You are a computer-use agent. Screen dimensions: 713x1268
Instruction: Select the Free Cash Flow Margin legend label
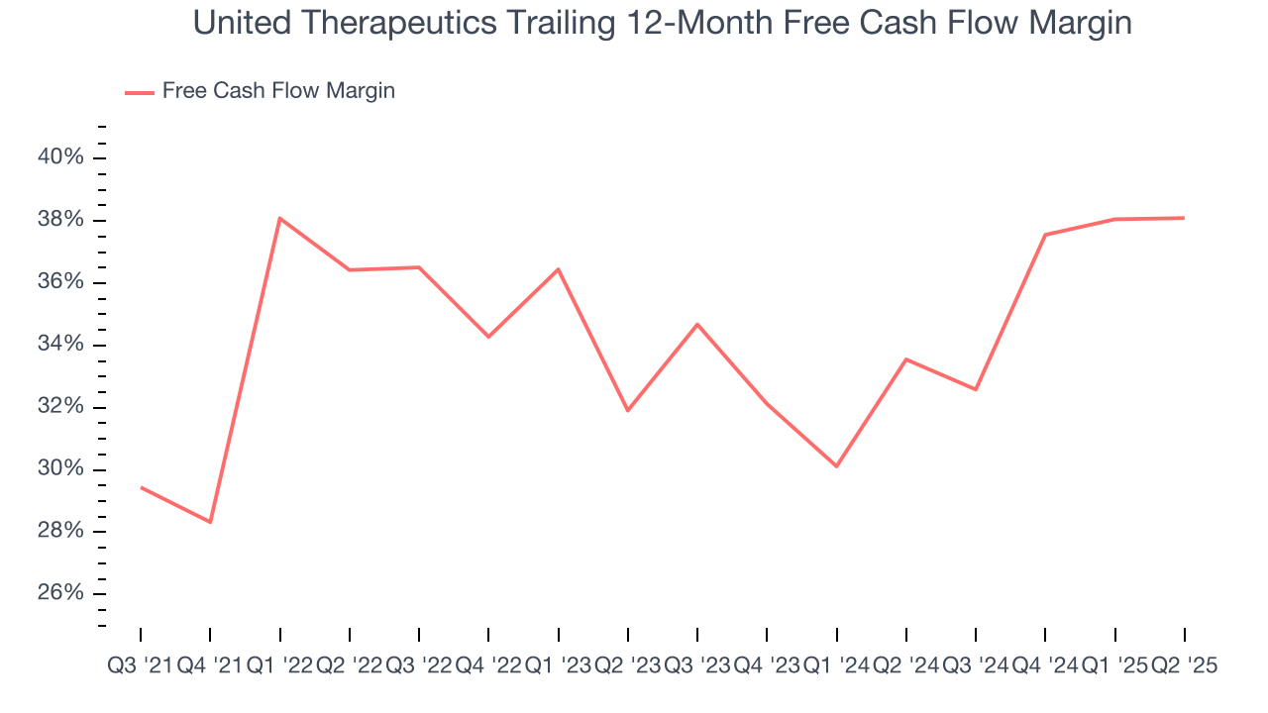(278, 91)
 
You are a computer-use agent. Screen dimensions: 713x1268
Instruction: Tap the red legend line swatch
(139, 92)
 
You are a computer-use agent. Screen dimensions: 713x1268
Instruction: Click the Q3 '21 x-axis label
(140, 666)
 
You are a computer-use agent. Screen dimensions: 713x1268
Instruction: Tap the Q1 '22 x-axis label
(279, 666)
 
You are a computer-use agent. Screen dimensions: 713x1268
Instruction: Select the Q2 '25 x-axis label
(1184, 666)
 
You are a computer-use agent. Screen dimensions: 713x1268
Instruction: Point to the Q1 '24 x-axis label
(836, 666)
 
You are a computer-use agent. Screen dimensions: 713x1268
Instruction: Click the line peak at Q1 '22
(280, 218)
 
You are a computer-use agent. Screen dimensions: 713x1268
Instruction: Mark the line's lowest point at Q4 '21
(210, 522)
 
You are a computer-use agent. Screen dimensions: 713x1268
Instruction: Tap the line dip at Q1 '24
(837, 466)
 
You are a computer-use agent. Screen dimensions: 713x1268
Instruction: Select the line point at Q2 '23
(628, 410)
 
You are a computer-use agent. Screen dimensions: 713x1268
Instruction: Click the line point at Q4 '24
(1045, 235)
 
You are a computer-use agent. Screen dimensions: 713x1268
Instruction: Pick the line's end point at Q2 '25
(1184, 218)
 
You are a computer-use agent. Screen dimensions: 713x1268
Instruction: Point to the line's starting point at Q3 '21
(141, 487)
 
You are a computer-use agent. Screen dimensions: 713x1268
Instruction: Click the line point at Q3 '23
(697, 324)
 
